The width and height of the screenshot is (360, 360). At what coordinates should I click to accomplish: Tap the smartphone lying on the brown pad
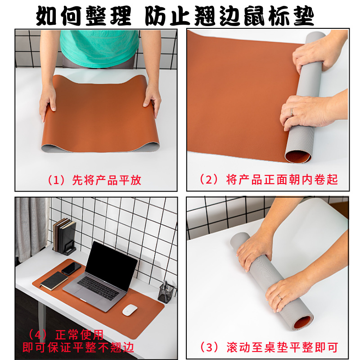tap(71, 269)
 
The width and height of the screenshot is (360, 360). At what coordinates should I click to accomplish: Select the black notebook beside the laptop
tap(54, 281)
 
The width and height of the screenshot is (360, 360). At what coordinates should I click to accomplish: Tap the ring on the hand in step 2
tap(292, 111)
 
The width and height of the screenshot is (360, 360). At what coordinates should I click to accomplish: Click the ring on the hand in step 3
tap(280, 297)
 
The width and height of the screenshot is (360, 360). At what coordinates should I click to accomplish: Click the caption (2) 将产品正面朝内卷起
tap(268, 180)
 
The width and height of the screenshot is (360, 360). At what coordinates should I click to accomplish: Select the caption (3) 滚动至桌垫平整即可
tap(268, 347)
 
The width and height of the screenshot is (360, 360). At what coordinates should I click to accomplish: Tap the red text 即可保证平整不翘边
tap(78, 347)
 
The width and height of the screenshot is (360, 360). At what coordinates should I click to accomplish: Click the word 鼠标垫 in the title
tap(285, 16)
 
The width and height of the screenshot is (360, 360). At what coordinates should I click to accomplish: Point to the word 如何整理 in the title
tap(83, 16)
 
